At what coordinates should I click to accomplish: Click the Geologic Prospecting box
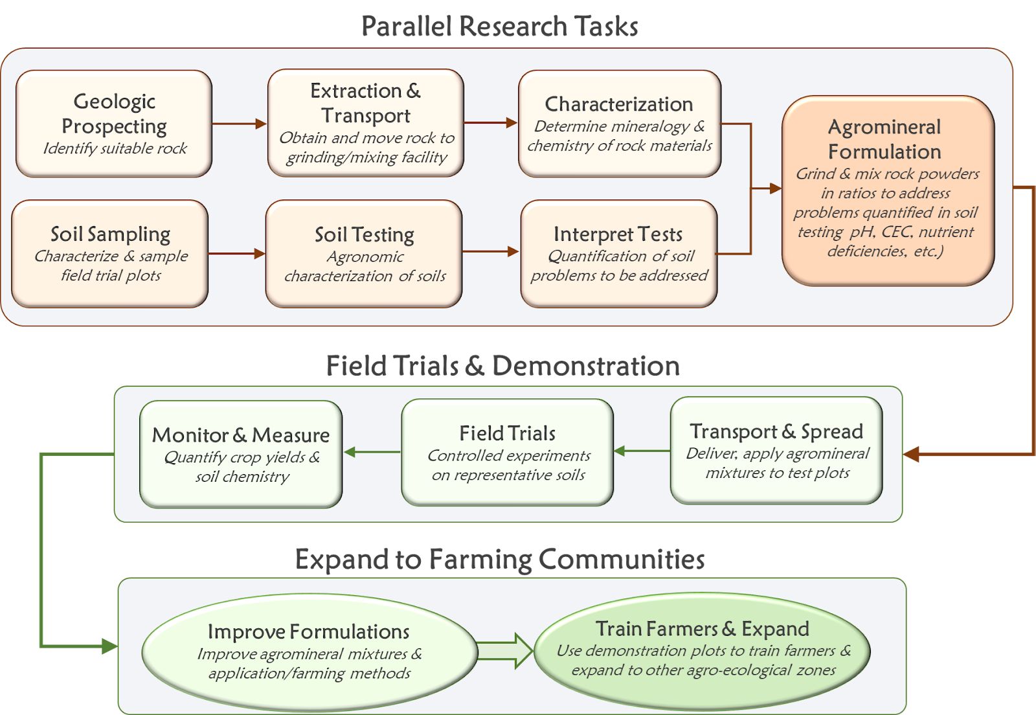coord(114,124)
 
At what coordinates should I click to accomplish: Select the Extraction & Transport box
coord(366,123)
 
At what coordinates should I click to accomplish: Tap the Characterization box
coord(620,124)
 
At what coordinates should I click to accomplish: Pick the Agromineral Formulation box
coord(888,190)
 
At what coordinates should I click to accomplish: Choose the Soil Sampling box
coord(110,254)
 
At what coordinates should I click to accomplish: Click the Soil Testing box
coord(364,254)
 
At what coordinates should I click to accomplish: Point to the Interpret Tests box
coord(619,254)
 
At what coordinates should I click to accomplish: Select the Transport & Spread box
coord(776,451)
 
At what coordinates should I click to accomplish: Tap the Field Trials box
coord(508,452)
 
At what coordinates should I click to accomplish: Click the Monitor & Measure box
coord(241,454)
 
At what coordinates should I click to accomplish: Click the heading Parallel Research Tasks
coord(499,27)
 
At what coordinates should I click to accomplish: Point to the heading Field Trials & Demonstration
coord(502,366)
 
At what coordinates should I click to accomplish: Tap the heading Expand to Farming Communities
coord(500,560)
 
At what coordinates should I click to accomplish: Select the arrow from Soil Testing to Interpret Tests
coord(491,251)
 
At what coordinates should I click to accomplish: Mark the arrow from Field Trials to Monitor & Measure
coord(372,452)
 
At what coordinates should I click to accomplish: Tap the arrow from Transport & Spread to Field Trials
coord(642,451)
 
